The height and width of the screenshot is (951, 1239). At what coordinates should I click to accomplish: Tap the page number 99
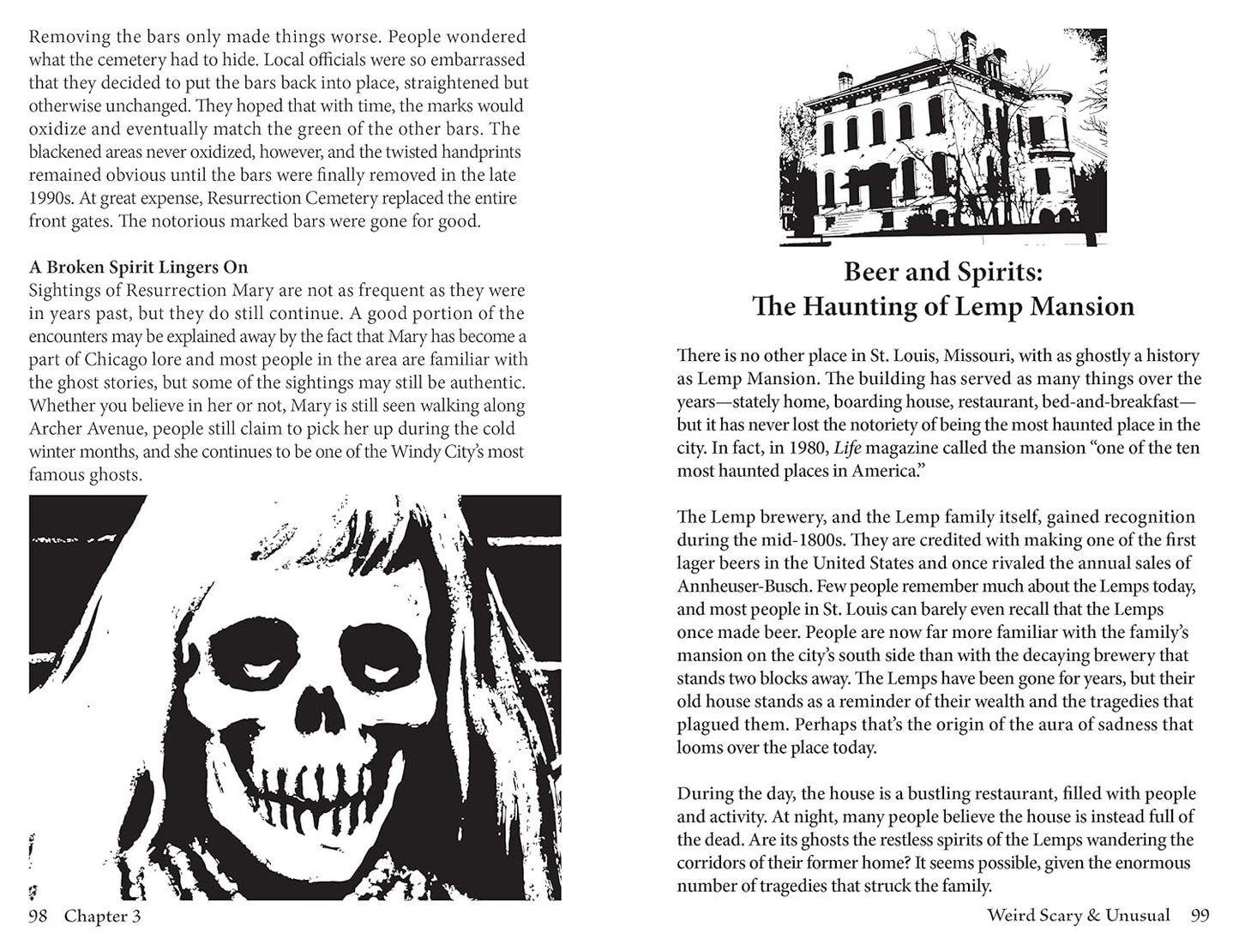(x=1200, y=916)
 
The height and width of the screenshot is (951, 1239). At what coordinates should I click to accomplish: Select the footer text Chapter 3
(x=102, y=917)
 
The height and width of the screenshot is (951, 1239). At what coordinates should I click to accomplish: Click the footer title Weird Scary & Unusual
(x=1078, y=916)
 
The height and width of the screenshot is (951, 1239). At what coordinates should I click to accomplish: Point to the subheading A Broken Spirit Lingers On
(x=138, y=267)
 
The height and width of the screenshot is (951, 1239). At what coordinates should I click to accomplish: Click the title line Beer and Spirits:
(x=942, y=272)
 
